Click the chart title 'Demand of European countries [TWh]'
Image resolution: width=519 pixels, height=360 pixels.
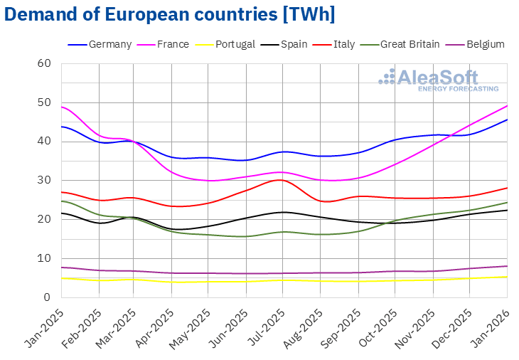coord(169,14)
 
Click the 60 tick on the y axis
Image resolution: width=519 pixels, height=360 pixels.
coord(45,63)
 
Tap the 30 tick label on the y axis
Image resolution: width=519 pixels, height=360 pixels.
coord(45,180)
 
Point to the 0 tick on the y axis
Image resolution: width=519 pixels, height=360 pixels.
coord(48,297)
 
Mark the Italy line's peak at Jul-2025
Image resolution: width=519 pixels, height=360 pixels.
coord(284,180)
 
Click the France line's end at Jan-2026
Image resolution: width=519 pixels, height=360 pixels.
coord(507,105)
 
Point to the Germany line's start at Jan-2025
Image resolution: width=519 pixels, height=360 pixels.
coord(62,127)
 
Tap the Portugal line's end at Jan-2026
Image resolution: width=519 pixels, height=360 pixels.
coord(507,277)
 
